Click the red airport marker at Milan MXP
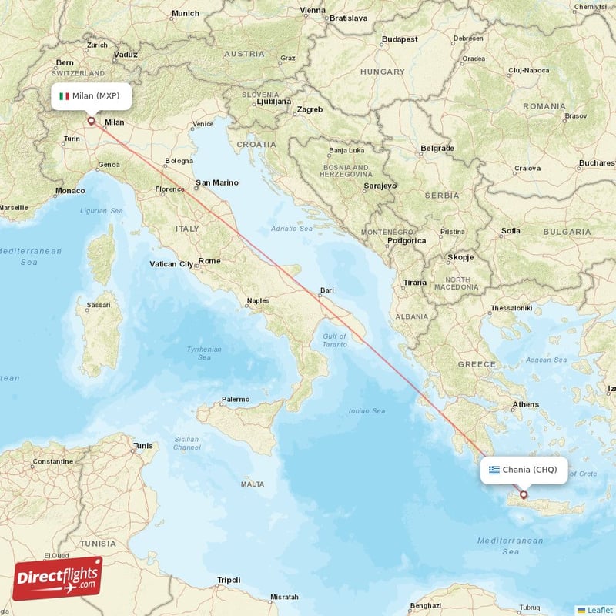92,120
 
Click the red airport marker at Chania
524,495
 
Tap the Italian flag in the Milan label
64,96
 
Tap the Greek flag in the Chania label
494,470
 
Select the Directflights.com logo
58,577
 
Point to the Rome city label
209,261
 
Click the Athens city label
526,404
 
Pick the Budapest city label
400,38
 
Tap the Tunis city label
143,446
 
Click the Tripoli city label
229,580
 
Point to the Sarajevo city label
380,186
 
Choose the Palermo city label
235,399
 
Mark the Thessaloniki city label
511,308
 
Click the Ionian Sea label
367,411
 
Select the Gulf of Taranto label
335,340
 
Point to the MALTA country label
253,484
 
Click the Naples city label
258,301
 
